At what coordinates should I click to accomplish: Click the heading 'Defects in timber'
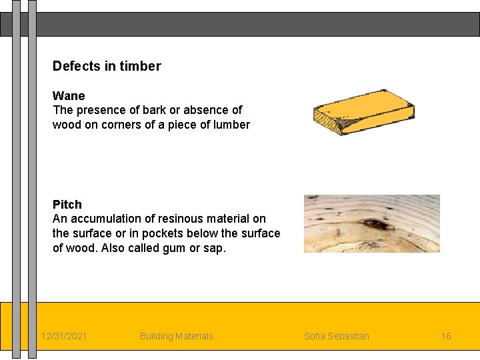(x=107, y=66)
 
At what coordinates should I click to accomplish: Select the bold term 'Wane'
(x=69, y=95)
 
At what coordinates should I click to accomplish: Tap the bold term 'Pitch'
(x=67, y=204)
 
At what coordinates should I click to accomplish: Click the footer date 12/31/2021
(x=63, y=336)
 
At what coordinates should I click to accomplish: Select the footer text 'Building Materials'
(x=177, y=336)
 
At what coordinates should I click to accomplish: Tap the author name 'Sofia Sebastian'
(x=336, y=336)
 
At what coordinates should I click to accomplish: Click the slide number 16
(x=446, y=336)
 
